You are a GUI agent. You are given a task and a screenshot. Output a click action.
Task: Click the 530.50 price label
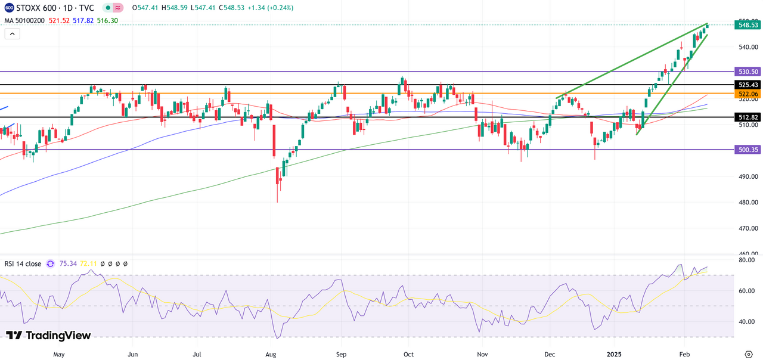click(x=748, y=72)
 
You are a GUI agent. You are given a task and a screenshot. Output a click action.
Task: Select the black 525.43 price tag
click(x=748, y=85)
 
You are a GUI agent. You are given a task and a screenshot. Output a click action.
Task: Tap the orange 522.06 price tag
click(x=748, y=94)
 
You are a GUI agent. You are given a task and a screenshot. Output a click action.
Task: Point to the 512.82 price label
click(x=748, y=117)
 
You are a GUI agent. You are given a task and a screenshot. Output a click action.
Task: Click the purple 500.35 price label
click(x=748, y=150)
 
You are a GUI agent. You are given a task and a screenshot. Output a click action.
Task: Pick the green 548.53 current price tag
click(x=748, y=25)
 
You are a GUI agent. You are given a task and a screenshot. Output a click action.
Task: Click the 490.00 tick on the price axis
click(x=748, y=176)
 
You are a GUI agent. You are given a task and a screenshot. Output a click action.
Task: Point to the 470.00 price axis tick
click(x=748, y=228)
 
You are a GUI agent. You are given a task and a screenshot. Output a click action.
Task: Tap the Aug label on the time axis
click(x=271, y=354)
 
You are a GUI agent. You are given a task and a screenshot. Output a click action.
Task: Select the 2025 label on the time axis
click(x=614, y=354)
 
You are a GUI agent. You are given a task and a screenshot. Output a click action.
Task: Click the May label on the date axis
click(x=58, y=354)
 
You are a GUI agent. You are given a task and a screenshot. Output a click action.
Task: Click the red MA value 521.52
click(x=60, y=20)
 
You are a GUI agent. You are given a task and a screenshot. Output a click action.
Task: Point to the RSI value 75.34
click(x=69, y=263)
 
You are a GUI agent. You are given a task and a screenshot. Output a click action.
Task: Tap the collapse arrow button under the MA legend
click(x=12, y=34)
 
